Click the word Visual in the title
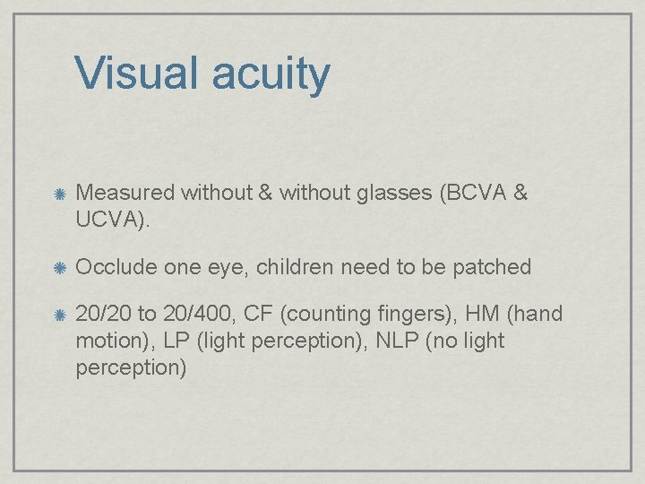tap(137, 73)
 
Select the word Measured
tap(126, 192)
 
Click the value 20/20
tap(103, 315)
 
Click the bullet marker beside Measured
tap(58, 193)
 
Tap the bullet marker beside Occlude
tap(58, 267)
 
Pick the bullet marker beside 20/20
tap(58, 315)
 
